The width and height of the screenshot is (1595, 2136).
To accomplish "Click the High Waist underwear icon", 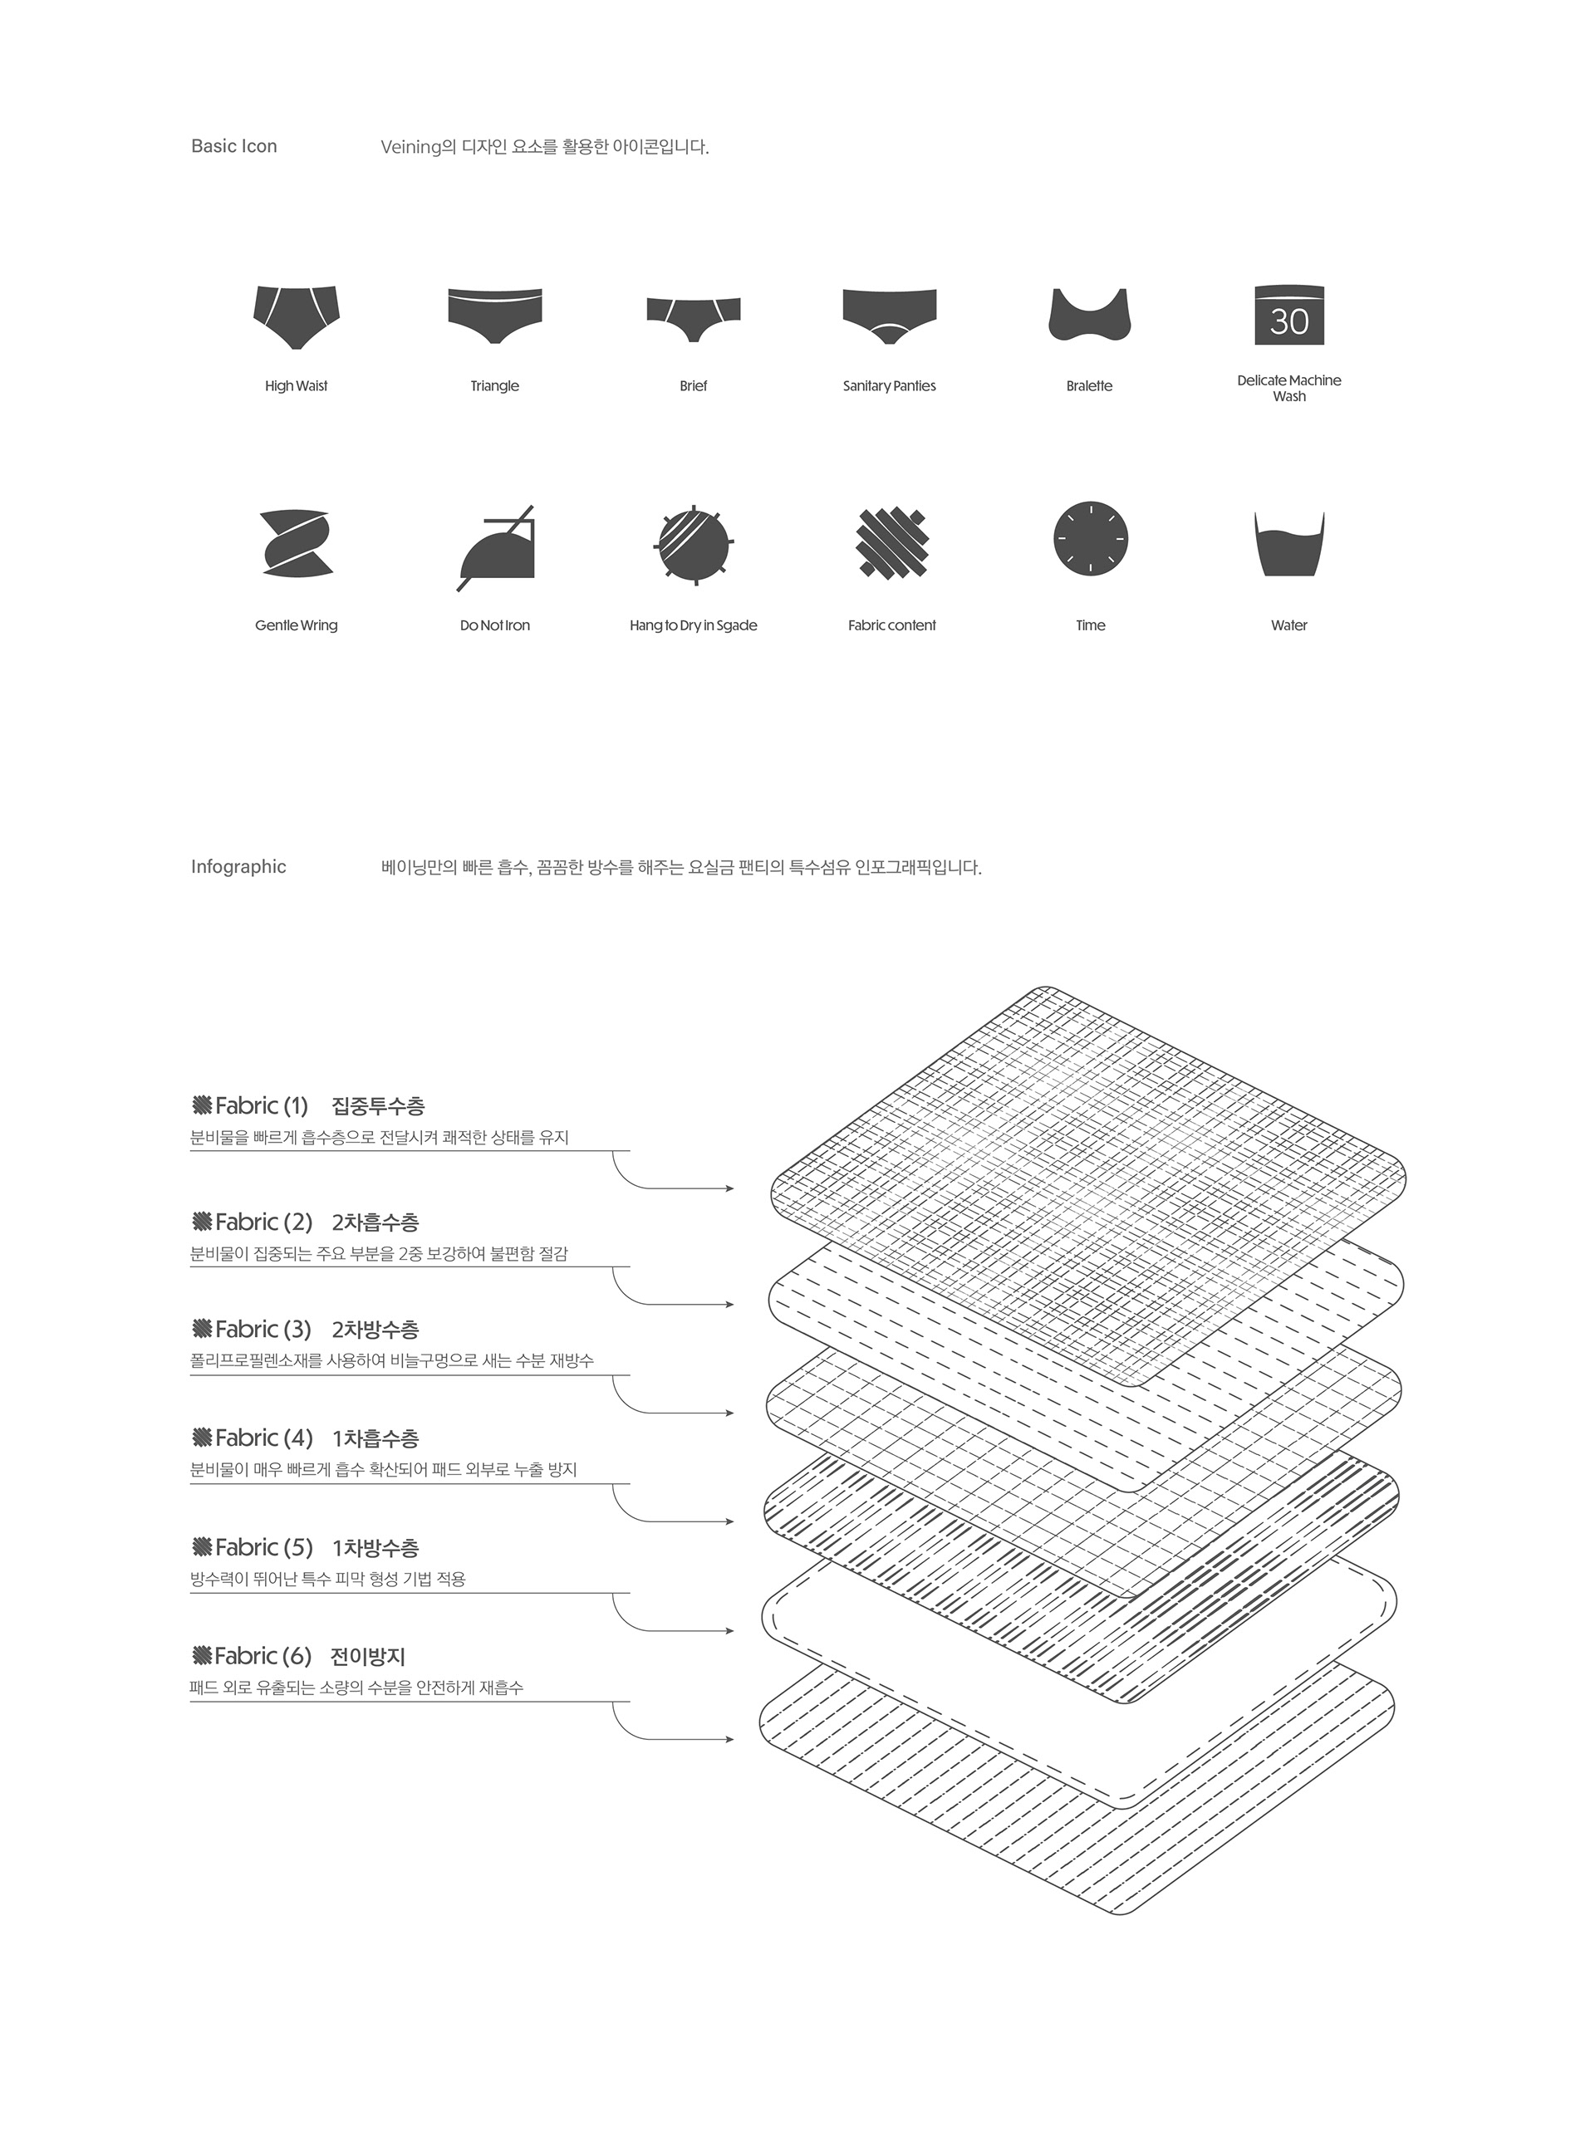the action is point(297,316).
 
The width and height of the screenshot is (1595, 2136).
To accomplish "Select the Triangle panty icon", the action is point(494,314).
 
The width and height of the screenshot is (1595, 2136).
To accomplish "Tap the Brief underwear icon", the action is point(693,316).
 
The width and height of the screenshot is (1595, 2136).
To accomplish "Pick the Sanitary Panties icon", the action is point(889,314).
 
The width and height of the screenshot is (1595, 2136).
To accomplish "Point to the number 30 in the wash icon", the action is point(1289,321).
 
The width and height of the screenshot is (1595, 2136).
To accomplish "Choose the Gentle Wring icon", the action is point(297,542).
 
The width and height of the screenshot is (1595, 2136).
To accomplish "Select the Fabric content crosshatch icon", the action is point(892,543).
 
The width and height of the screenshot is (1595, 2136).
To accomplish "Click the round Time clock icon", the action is point(1091,539).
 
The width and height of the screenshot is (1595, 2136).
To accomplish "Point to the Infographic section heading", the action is point(238,867).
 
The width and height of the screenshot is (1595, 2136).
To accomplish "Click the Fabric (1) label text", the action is point(261,1106).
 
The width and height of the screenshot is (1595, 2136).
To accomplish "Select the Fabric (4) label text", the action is point(263,1438).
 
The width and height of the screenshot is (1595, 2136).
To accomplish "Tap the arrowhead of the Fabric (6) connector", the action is point(730,1739).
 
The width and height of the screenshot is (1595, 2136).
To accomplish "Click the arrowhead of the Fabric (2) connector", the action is point(730,1305).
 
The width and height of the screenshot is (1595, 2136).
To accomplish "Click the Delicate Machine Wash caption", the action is point(1289,388).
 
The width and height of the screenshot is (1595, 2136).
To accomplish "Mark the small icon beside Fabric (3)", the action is point(202,1329).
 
